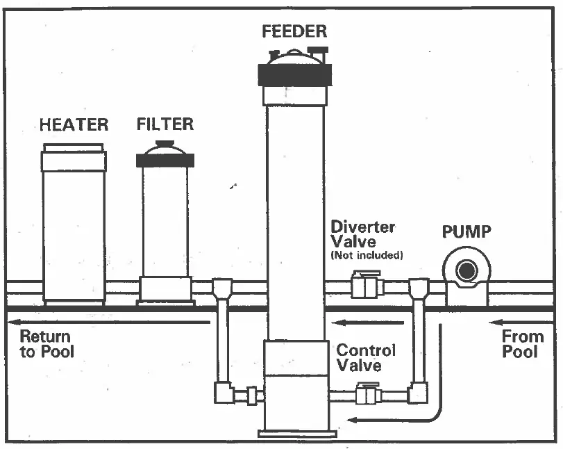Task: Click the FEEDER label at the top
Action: pos(294,32)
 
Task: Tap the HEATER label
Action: pos(74,125)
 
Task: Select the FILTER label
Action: pos(165,124)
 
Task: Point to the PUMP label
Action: pos(467,231)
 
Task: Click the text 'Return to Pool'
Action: pos(46,343)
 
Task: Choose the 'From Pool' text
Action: pos(523,343)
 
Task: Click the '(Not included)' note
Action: pos(366,256)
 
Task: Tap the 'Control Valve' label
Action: pos(366,357)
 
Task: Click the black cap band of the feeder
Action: pos(294,73)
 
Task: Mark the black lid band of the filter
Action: pos(165,160)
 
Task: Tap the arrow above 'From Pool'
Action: pos(521,322)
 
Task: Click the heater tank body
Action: pos(74,229)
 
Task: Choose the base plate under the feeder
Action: pos(294,434)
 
